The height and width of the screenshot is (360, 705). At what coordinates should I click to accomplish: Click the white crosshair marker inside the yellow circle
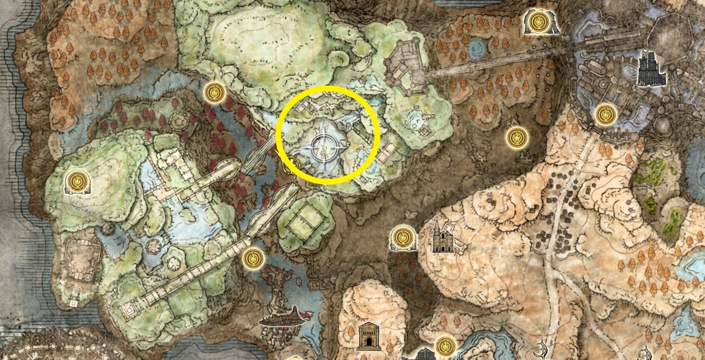point(323,147)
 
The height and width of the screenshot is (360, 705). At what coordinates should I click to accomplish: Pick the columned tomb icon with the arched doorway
point(369,337)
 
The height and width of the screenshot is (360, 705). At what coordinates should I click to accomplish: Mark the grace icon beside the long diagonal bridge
point(253,258)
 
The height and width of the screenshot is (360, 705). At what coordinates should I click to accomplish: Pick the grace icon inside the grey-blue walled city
point(604,114)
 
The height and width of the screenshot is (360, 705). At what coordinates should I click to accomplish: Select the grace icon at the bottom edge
point(444,346)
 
